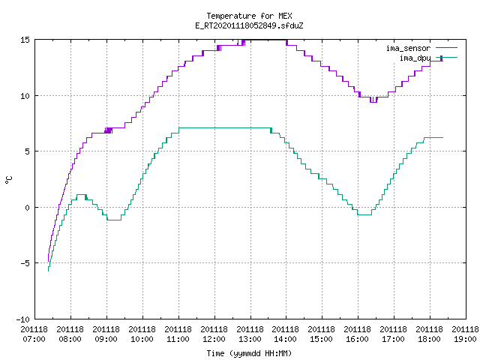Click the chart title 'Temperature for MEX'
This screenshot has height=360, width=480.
click(x=249, y=16)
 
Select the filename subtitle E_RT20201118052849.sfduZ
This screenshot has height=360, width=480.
click(x=249, y=25)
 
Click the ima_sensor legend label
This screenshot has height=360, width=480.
click(x=408, y=48)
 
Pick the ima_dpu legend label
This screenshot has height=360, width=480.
click(x=415, y=58)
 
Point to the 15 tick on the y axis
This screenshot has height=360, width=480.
click(x=25, y=40)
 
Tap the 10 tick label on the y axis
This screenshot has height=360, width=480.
click(x=25, y=96)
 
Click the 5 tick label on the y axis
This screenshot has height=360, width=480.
click(x=27, y=151)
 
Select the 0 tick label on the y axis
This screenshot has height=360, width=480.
click(x=27, y=208)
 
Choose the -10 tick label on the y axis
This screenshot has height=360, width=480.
click(x=23, y=319)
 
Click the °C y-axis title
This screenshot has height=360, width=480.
click(x=8, y=180)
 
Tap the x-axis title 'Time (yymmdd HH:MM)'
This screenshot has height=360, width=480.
click(x=249, y=353)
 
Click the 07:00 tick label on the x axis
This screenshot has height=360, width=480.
click(x=34, y=339)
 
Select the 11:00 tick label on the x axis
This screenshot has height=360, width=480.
click(x=178, y=339)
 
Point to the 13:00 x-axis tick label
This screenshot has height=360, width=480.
click(x=250, y=339)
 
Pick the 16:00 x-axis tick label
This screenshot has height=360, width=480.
click(x=358, y=339)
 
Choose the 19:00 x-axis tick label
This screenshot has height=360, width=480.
click(x=465, y=339)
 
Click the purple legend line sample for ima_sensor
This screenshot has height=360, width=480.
click(x=447, y=48)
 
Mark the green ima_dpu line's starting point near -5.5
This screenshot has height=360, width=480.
click(x=48, y=271)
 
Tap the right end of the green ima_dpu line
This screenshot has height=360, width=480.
click(x=443, y=138)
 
